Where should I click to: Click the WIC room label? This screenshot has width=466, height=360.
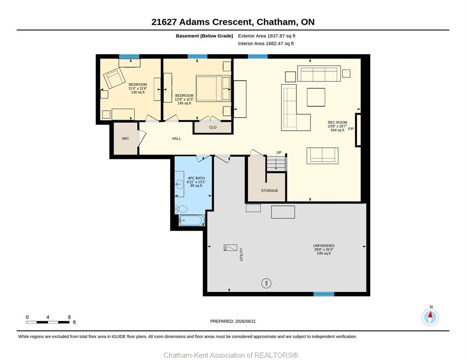pyautogui.click(x=126, y=139)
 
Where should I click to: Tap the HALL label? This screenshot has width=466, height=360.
pyautogui.click(x=176, y=139)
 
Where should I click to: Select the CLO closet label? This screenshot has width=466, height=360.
pyautogui.click(x=213, y=127)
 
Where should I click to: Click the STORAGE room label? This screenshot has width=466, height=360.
pyautogui.click(x=270, y=191)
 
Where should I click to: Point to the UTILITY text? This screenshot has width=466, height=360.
pyautogui.click(x=241, y=255)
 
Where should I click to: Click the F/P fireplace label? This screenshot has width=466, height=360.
pyautogui.click(x=351, y=129)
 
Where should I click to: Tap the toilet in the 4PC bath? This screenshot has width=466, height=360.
pyautogui.click(x=181, y=209)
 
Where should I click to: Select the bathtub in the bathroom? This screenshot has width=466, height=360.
pyautogui.click(x=192, y=221)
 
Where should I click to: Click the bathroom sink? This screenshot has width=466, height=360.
pyautogui.click(x=180, y=184)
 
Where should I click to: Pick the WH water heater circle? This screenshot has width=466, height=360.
pyautogui.click(x=266, y=283)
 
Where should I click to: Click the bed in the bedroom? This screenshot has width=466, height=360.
pyautogui.click(x=213, y=89)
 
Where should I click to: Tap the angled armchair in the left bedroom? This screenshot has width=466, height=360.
pyautogui.click(x=114, y=78)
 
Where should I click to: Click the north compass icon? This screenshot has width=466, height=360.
pyautogui.click(x=430, y=317)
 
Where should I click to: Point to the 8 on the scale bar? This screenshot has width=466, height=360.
pyautogui.click(x=69, y=317)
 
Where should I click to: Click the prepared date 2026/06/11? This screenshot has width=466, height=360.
pyautogui.click(x=246, y=322)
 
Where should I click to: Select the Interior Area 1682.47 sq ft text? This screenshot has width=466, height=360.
pyautogui.click(x=266, y=44)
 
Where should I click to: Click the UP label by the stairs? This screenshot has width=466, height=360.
pyautogui.click(x=279, y=152)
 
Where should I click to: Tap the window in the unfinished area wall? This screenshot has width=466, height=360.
pyautogui.click(x=323, y=294)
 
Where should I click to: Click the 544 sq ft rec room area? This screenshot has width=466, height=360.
pyautogui.click(x=338, y=130)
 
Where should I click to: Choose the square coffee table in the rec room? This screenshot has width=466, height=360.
pyautogui.click(x=316, y=97)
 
